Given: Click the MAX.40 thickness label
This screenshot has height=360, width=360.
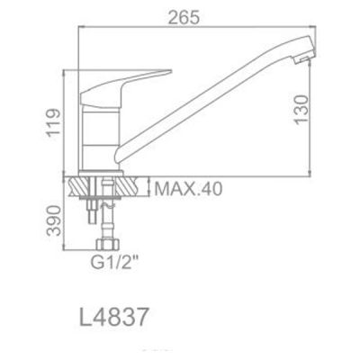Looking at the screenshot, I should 187,190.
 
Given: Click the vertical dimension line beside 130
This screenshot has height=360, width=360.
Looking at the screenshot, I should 316,108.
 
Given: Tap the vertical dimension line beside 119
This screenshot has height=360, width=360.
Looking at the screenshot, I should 63,121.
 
